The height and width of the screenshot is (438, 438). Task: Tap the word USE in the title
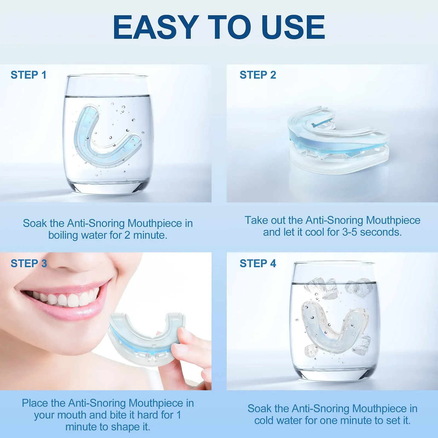point(293,27)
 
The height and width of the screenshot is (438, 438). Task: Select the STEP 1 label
point(28,75)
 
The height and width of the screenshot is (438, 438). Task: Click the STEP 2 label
point(258,75)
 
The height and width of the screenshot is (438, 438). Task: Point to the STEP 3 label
point(29,263)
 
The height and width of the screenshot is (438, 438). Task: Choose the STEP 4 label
point(258,263)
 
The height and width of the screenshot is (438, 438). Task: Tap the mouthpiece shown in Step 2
point(337,140)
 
